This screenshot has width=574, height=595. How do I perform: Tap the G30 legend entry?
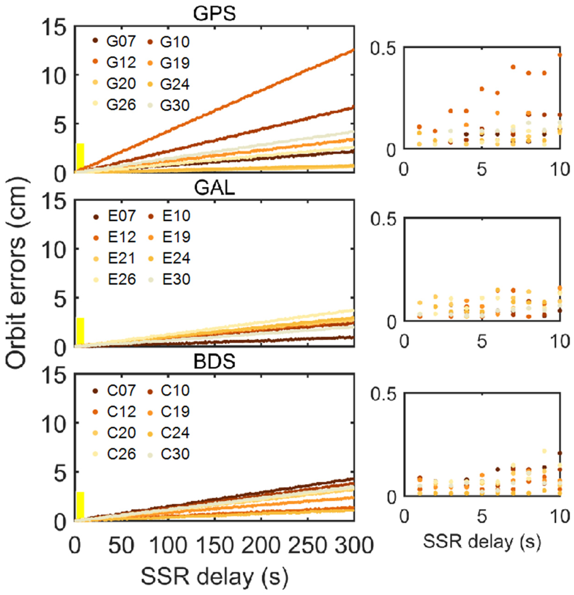coord(169,105)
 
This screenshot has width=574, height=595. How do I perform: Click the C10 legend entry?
coord(169,390)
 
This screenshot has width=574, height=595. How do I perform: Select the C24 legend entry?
coord(169,433)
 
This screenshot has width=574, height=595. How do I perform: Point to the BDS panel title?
coord(214,361)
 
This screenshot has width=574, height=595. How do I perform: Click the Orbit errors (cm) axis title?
coord(17,273)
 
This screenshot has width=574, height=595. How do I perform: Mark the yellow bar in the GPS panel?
coord(80,157)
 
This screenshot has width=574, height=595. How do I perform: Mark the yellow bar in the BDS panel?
coord(80,505)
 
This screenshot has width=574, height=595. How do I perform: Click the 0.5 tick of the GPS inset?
coord(383,49)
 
